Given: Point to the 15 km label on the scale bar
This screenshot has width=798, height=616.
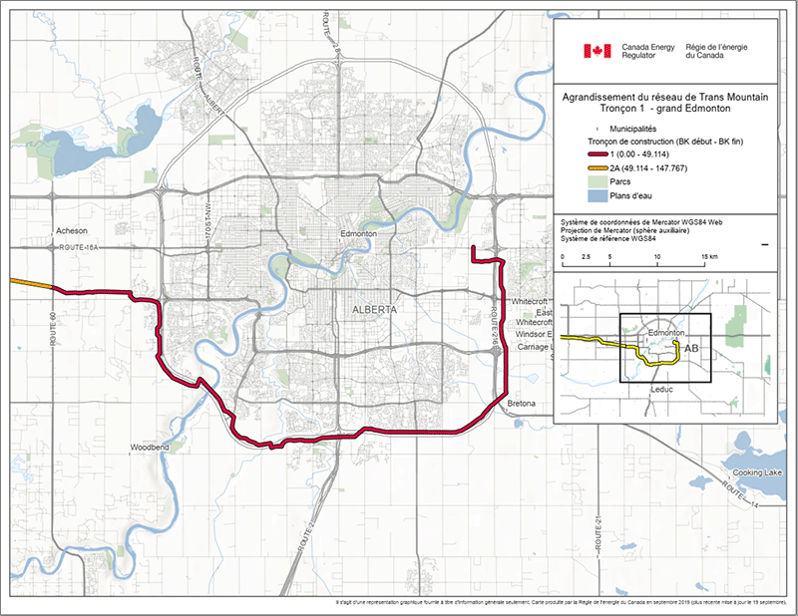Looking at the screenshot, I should [709, 256].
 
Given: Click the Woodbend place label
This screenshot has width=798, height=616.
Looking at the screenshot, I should [151, 449].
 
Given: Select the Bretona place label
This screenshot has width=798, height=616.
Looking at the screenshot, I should [522, 403].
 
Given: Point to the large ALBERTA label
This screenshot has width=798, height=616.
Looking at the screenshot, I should [374, 310].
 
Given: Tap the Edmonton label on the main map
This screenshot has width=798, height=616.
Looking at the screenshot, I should [358, 233].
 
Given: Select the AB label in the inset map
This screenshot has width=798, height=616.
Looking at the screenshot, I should [691, 350].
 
